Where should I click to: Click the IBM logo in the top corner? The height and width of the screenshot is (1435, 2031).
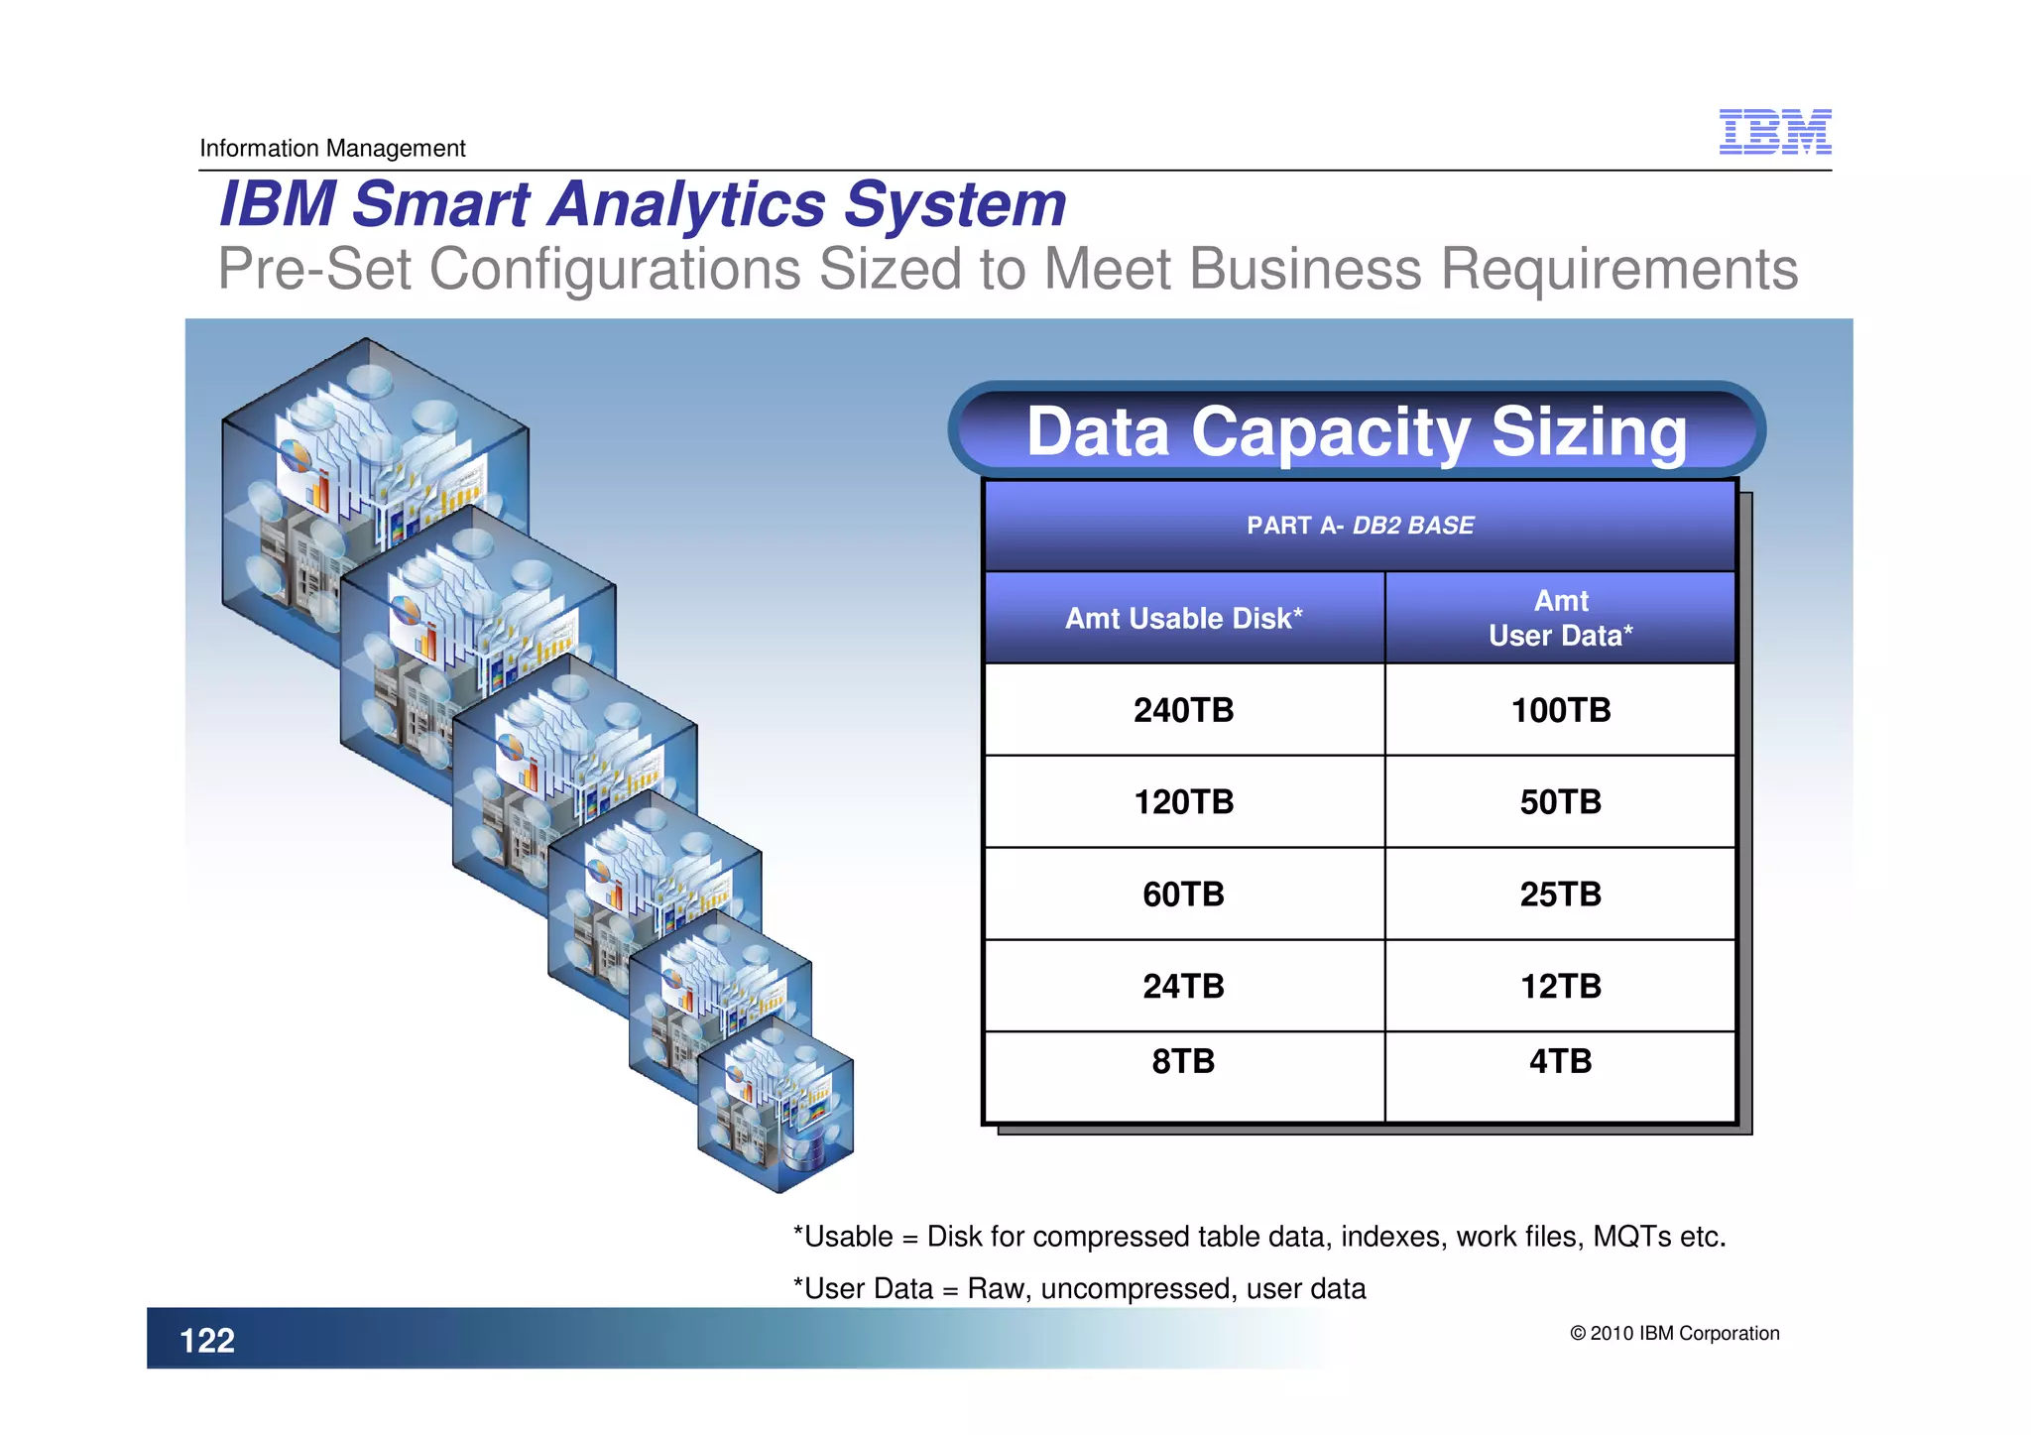tap(1774, 132)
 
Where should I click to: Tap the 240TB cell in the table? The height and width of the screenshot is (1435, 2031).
tap(1183, 710)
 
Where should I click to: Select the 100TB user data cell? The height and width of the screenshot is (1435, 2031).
tap(1560, 710)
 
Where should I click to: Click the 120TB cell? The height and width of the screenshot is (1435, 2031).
tap(1183, 802)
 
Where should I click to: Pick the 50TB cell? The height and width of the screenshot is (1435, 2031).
tap(1560, 802)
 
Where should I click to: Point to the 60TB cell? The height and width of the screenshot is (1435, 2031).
tap(1183, 895)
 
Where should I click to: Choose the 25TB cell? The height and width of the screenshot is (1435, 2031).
tap(1560, 895)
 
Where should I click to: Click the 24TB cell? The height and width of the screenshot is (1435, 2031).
tap(1183, 987)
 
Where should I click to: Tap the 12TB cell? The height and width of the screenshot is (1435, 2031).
tap(1560, 987)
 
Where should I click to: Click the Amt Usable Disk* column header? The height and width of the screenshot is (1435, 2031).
tap(1183, 619)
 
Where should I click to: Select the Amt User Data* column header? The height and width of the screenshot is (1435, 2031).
tap(1560, 618)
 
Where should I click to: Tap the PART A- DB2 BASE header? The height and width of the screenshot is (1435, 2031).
tap(1360, 526)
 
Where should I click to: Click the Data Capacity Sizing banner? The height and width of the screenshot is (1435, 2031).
tap(1356, 431)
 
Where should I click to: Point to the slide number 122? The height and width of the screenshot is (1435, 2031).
tap(207, 1341)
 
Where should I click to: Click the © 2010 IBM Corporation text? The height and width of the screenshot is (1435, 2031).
tap(1674, 1334)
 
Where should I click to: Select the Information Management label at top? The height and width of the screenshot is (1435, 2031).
tap(332, 149)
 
